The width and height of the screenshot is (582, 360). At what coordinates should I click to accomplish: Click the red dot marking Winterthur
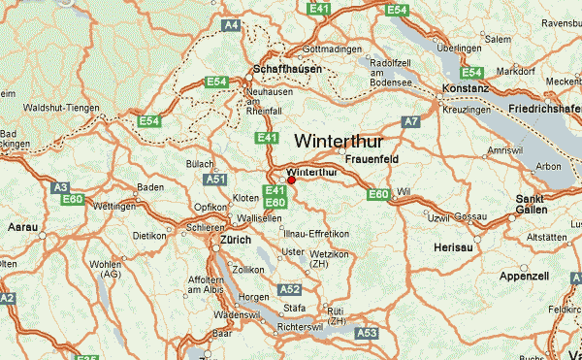point(291,180)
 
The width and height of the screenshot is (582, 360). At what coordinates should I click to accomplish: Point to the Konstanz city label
point(465,87)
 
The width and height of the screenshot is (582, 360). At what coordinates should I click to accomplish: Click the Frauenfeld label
point(372,157)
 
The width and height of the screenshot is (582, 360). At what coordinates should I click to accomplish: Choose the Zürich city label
point(236,240)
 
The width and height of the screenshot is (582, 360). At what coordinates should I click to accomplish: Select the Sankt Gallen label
point(531,203)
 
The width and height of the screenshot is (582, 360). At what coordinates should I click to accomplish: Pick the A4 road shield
point(230,23)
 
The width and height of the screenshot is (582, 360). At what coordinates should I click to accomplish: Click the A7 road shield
point(411,121)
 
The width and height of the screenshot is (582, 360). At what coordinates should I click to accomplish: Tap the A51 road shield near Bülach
point(216,180)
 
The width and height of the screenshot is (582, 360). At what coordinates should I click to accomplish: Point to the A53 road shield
point(367,333)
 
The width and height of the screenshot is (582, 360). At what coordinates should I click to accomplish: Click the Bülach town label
point(200,164)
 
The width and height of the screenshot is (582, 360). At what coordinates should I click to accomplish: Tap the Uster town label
point(292,252)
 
